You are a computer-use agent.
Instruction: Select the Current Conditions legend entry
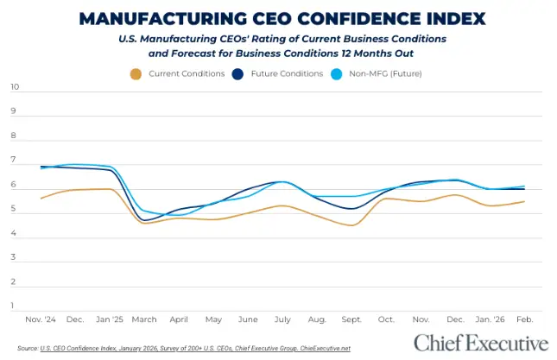click(187, 73)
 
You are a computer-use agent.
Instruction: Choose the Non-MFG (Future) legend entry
click(383, 73)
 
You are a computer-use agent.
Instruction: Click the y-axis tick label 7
click(15, 161)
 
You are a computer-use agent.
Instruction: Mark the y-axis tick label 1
click(15, 305)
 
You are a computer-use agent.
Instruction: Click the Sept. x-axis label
click(351, 319)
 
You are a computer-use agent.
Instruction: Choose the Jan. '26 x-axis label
click(489, 319)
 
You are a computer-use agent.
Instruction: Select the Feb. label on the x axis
click(524, 319)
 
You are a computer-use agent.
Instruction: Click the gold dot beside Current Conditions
click(136, 73)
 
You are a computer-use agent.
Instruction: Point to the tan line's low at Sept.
click(351, 225)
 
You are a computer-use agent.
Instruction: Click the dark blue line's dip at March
click(147, 221)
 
